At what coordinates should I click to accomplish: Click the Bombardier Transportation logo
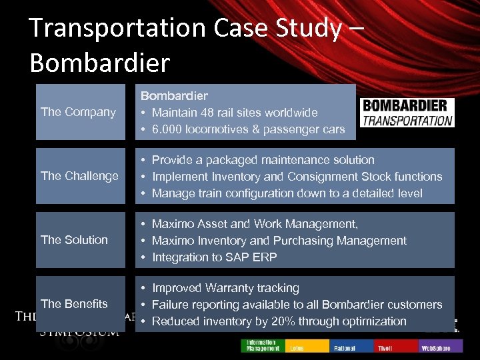tap(407, 112)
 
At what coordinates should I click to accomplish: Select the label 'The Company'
tap(78, 112)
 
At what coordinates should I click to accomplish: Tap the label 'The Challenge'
tap(79, 176)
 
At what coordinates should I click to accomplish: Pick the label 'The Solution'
tap(74, 240)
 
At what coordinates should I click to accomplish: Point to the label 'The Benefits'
tap(74, 304)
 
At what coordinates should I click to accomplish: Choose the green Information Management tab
tap(262, 345)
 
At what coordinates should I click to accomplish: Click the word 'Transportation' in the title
tap(118, 28)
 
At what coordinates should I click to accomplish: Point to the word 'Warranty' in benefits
tap(232, 288)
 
